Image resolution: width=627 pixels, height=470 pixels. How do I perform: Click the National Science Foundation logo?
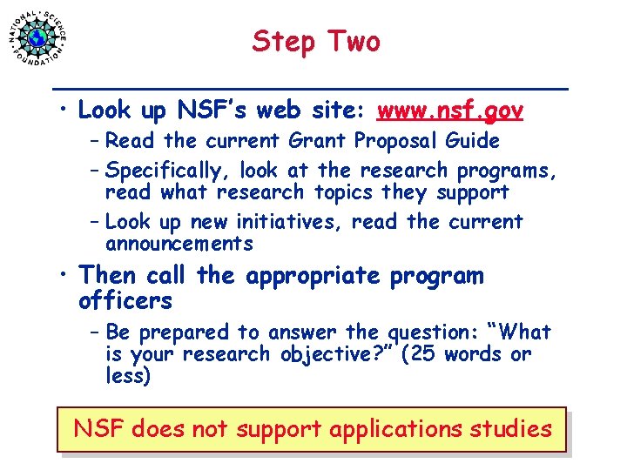click(x=37, y=37)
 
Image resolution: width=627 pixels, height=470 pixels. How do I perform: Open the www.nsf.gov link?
click(x=449, y=111)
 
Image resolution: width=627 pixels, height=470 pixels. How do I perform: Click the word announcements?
click(x=179, y=245)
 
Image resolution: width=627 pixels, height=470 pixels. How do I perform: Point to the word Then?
click(x=108, y=276)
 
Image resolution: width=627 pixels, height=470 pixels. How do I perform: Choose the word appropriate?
click(x=313, y=277)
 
